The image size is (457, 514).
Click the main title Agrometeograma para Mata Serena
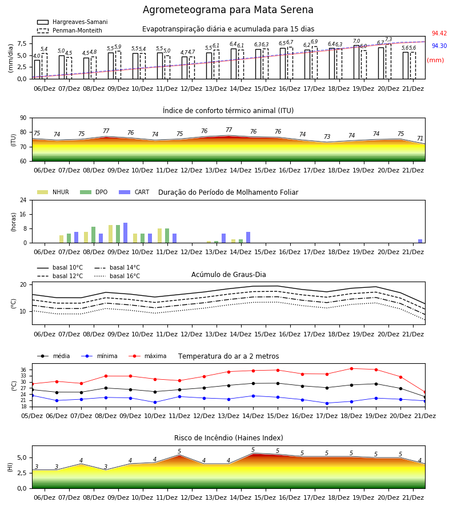[228, 10]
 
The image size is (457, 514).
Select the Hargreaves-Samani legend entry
[72, 22]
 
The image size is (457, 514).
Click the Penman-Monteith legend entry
[70, 30]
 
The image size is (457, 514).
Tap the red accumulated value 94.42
[439, 33]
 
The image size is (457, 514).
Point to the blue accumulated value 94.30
[439, 46]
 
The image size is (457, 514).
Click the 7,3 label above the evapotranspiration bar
[388, 39]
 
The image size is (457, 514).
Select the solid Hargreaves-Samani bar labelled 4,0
[37, 70]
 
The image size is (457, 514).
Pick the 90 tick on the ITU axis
[23, 118]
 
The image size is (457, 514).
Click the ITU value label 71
[420, 138]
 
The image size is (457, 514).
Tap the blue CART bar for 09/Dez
[125, 233]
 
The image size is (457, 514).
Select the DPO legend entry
[94, 192]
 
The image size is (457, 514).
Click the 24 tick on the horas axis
[23, 200]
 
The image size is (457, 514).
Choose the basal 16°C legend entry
[117, 276]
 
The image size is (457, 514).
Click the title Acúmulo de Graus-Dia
[228, 274]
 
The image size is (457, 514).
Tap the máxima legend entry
[147, 356]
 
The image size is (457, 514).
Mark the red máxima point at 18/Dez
[351, 368]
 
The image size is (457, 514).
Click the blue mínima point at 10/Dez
[155, 402]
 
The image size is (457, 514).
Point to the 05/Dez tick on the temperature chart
[32, 416]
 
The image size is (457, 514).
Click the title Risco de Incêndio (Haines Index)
[228, 437]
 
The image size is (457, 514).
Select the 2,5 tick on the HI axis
[22, 473]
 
